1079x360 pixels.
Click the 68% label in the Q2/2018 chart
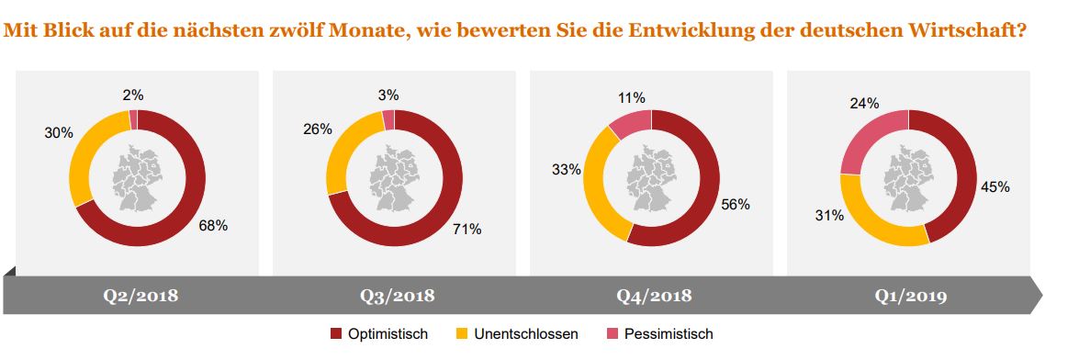pos(214,225)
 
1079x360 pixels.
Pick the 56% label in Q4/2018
pos(736,205)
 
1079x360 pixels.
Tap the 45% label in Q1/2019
pos(995,186)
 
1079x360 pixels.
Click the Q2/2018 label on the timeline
pos(140,296)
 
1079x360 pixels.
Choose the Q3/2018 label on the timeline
pos(396,296)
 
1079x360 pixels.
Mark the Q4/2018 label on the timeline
pos(653,296)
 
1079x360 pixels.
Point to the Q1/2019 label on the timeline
pos(910,296)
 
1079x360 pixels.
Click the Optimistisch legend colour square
pos(335,334)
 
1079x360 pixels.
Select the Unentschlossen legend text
pos(526,334)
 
